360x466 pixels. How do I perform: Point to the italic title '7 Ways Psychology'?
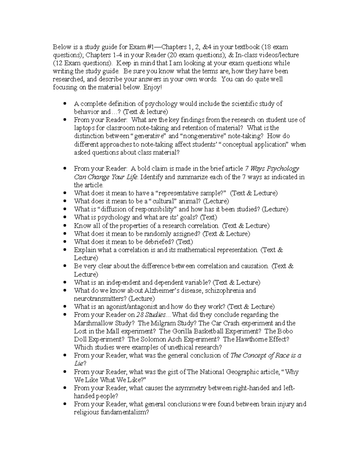point(272,169)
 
